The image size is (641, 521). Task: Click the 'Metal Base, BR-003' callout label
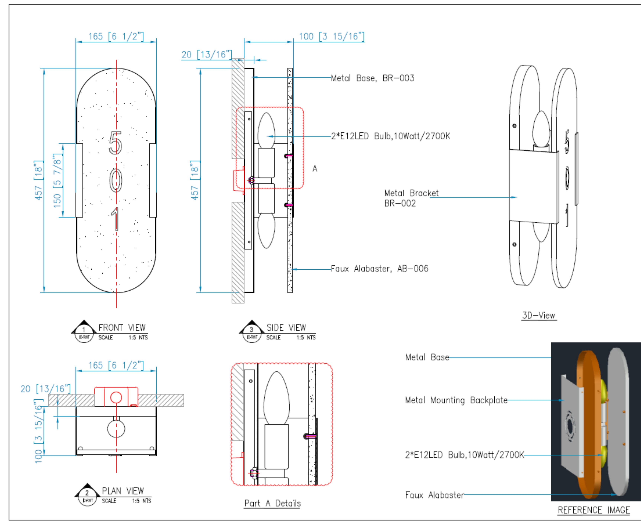[372, 78]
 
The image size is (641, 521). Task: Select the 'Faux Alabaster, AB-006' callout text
[380, 269]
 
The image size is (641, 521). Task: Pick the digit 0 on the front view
[116, 180]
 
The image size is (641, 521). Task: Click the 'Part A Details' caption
[272, 503]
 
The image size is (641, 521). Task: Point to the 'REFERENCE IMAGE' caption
[594, 510]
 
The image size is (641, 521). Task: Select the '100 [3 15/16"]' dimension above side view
[331, 37]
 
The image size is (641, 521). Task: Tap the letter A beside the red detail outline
[315, 168]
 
